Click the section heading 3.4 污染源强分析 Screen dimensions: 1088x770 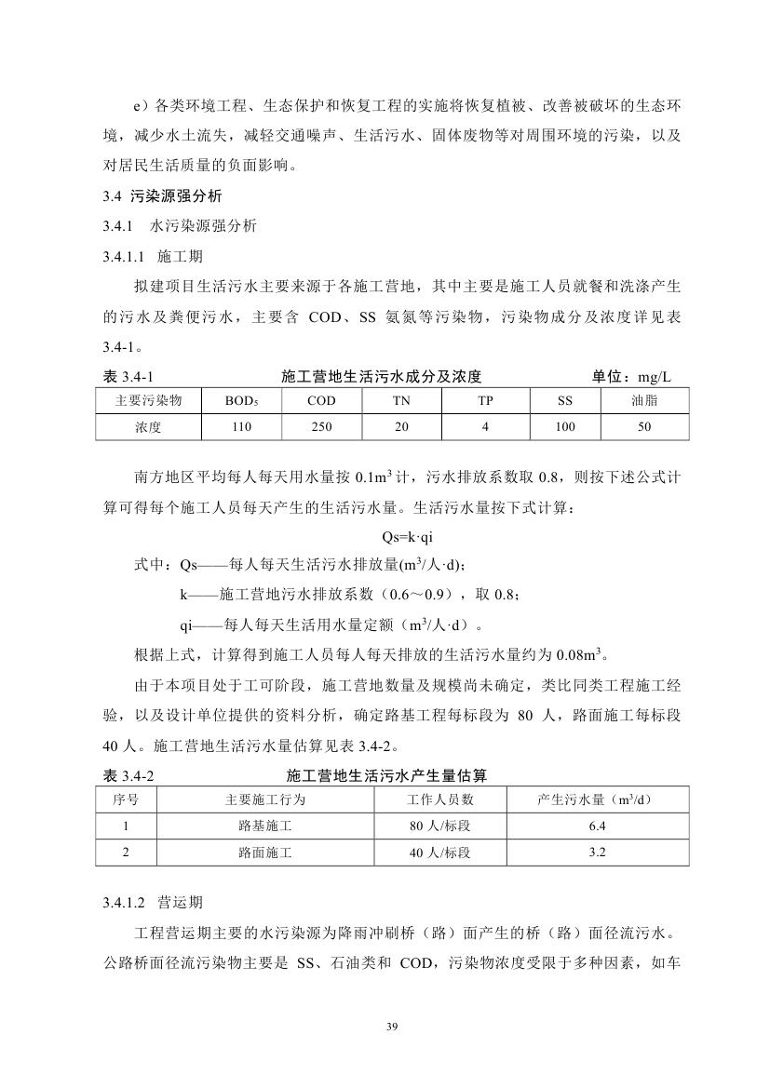(161, 196)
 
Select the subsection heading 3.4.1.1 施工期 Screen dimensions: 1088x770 (152, 255)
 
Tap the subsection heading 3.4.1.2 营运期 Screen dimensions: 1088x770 (153, 902)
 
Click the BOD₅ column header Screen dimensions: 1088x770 (240, 401)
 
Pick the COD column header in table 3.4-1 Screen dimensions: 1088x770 (321, 401)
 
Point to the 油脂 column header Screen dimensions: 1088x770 (644, 401)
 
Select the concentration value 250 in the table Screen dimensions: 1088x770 (321, 428)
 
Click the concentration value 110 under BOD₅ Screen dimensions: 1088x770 (240, 428)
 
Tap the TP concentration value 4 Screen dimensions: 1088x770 (485, 428)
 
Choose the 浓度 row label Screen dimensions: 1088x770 (147, 428)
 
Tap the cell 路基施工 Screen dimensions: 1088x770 (264, 826)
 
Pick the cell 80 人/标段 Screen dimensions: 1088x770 (440, 826)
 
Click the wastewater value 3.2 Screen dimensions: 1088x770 (598, 852)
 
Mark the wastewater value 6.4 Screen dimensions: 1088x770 (598, 826)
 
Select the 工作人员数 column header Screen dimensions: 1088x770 (440, 799)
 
